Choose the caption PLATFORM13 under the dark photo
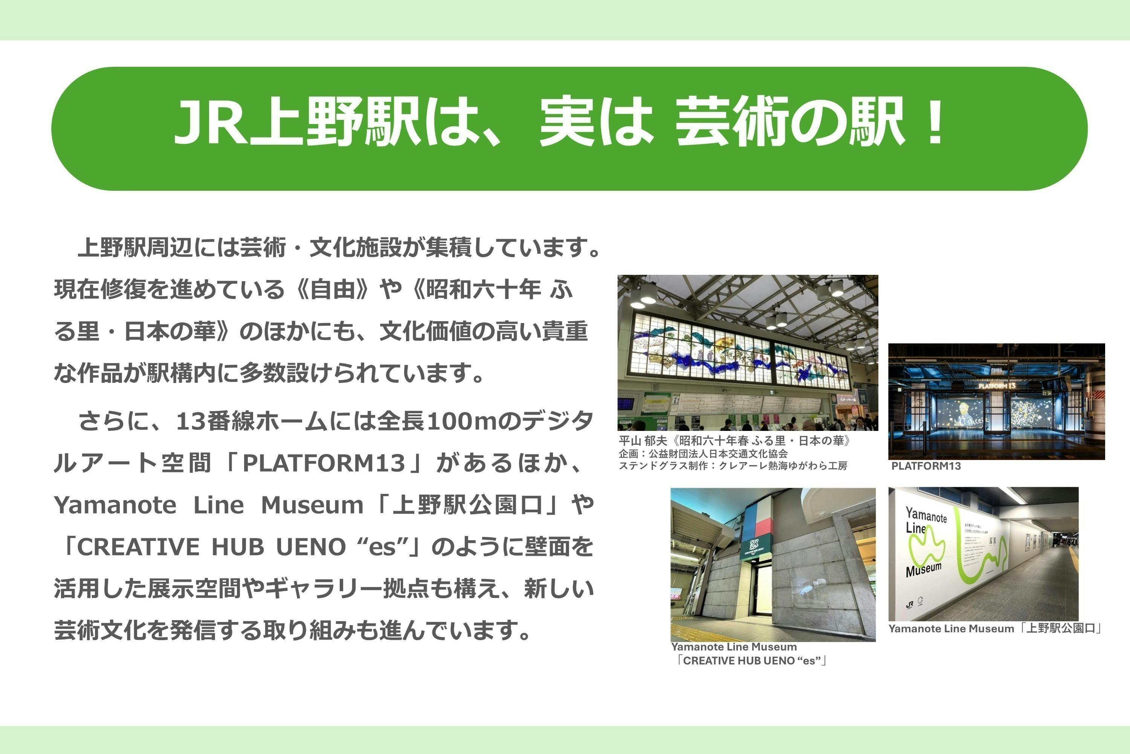click(926, 466)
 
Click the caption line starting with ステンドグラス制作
click(733, 466)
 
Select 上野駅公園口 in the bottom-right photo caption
click(1060, 628)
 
